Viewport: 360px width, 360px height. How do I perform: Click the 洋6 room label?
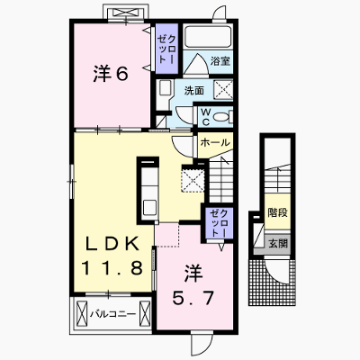(x=111, y=74)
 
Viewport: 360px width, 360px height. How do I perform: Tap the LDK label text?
(x=112, y=244)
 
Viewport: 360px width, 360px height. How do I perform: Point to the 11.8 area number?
(x=112, y=268)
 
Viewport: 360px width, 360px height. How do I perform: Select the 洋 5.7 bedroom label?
(x=193, y=285)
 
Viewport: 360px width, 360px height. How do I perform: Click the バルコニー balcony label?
(x=113, y=314)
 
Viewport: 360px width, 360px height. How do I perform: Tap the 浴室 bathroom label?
(x=220, y=61)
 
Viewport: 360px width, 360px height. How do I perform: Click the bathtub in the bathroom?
(x=207, y=37)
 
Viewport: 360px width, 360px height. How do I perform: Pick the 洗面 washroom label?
(x=194, y=90)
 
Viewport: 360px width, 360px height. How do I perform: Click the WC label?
(x=206, y=117)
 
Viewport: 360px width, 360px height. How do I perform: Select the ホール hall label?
(x=215, y=142)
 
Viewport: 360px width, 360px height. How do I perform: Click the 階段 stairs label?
(x=278, y=212)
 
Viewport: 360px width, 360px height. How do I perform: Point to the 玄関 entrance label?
(x=278, y=244)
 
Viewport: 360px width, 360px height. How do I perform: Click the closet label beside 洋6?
(x=166, y=49)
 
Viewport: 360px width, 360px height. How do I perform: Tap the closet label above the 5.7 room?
(x=220, y=223)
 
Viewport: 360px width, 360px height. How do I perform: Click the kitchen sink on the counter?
(x=149, y=206)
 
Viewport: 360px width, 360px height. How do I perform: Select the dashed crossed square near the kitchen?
(x=193, y=180)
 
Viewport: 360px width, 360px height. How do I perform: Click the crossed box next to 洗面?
(x=223, y=89)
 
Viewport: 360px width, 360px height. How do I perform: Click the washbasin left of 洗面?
(x=165, y=88)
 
